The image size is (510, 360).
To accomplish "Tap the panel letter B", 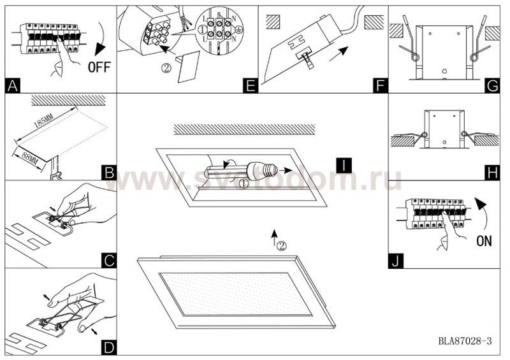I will pos(109,173).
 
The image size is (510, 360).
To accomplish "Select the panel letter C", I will pos(109,260).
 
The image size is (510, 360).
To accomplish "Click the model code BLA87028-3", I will pos(465,342).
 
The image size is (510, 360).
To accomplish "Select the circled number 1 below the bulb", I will pos(244,184).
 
